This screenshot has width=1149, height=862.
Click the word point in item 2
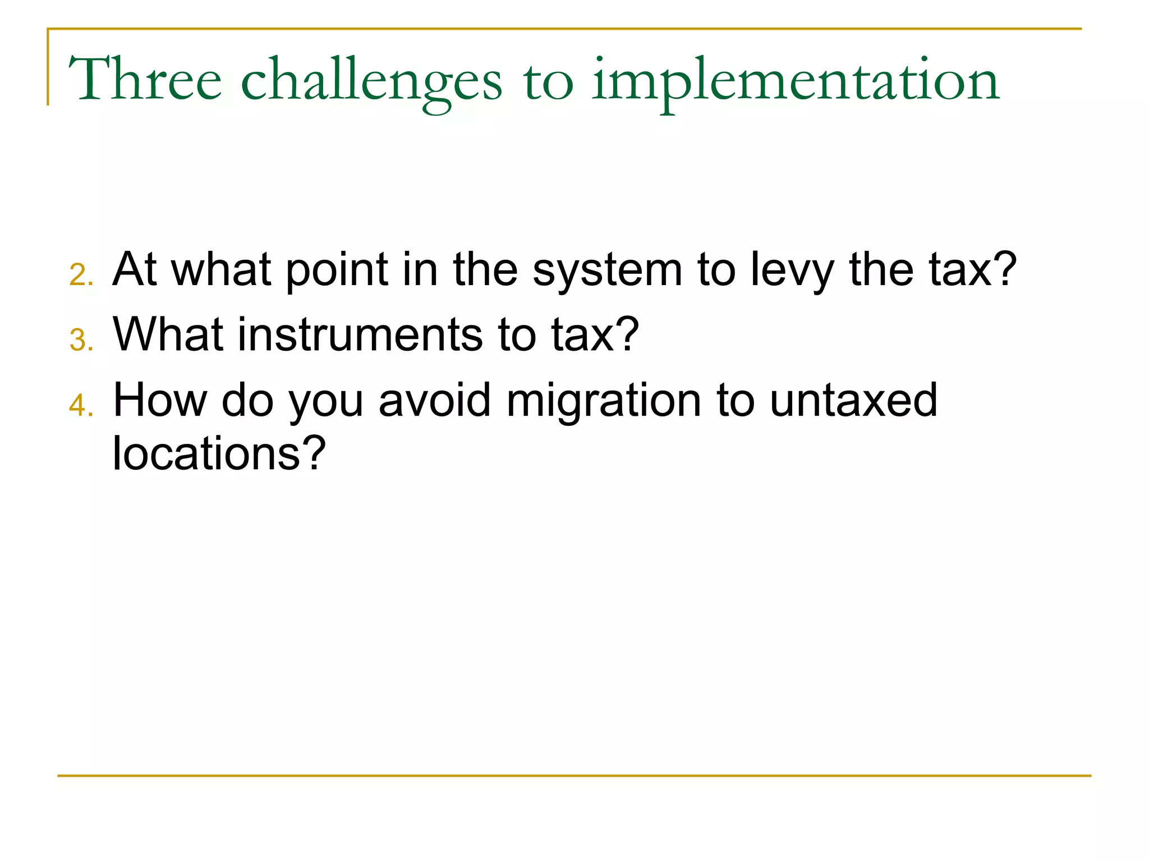point(337,270)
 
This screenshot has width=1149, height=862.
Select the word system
point(607,270)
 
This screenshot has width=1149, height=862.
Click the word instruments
point(360,334)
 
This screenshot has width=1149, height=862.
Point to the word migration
point(604,401)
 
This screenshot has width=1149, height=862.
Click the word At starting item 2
point(135,269)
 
